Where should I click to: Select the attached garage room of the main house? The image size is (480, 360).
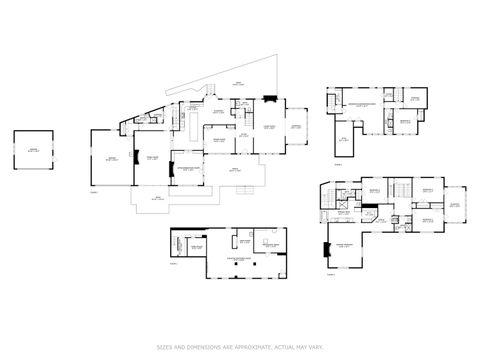[111, 159]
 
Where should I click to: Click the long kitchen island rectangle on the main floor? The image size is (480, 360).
[186, 127]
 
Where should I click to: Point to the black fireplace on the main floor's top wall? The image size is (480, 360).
[268, 98]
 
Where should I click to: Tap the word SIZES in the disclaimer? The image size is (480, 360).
[163, 347]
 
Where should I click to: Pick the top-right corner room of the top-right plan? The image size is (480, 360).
[417, 100]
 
